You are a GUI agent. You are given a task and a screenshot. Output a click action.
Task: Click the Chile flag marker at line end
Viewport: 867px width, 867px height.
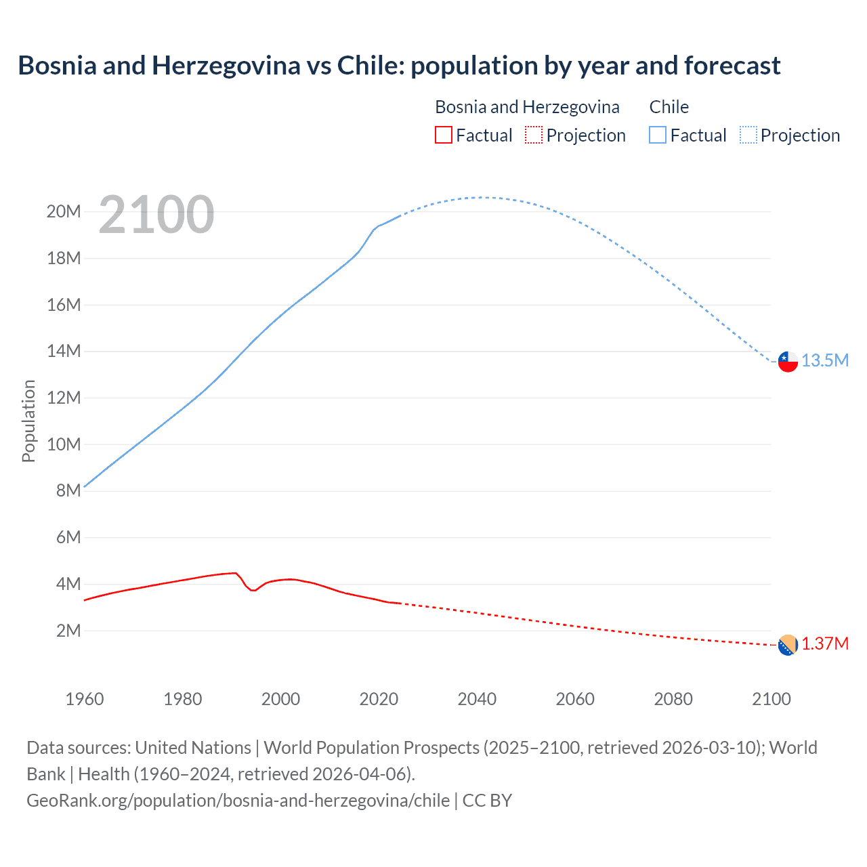click(x=788, y=362)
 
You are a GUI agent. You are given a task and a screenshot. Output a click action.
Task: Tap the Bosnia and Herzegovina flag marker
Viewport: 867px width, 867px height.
click(x=788, y=646)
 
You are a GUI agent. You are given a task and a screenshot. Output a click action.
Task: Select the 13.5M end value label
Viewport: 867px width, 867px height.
click(x=825, y=360)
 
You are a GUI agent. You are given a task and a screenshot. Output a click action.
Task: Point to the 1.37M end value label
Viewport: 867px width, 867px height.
click(x=825, y=643)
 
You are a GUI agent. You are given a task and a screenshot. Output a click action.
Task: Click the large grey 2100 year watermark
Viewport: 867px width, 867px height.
click(x=156, y=215)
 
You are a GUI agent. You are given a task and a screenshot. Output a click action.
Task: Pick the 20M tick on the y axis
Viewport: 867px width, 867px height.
click(x=64, y=211)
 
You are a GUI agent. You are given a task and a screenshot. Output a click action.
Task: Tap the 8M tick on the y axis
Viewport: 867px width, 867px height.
click(x=68, y=490)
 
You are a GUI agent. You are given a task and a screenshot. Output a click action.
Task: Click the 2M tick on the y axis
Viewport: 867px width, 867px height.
click(x=68, y=631)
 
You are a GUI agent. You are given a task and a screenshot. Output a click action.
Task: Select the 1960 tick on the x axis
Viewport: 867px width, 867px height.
click(x=85, y=699)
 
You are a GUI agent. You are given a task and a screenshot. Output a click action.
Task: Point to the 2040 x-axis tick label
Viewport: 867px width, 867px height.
click(x=477, y=699)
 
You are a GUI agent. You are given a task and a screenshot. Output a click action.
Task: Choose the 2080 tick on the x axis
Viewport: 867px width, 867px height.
click(x=673, y=699)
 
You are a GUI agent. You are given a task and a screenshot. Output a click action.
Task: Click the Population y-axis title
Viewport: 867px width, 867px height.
click(x=28, y=421)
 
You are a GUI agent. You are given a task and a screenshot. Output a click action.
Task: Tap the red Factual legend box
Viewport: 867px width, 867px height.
click(x=444, y=135)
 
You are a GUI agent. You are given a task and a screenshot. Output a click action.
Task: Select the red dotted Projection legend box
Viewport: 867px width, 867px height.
click(x=534, y=135)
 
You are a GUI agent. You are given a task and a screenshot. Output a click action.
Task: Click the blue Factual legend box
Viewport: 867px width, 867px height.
click(x=658, y=135)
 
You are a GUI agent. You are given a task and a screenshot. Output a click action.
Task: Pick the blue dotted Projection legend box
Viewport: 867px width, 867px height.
click(x=748, y=135)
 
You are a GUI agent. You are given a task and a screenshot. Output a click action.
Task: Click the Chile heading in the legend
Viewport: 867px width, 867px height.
click(x=669, y=107)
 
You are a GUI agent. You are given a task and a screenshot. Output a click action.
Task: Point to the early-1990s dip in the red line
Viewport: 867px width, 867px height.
click(x=253, y=590)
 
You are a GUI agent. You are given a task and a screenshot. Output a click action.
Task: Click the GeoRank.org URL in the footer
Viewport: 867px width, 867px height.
click(x=238, y=801)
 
